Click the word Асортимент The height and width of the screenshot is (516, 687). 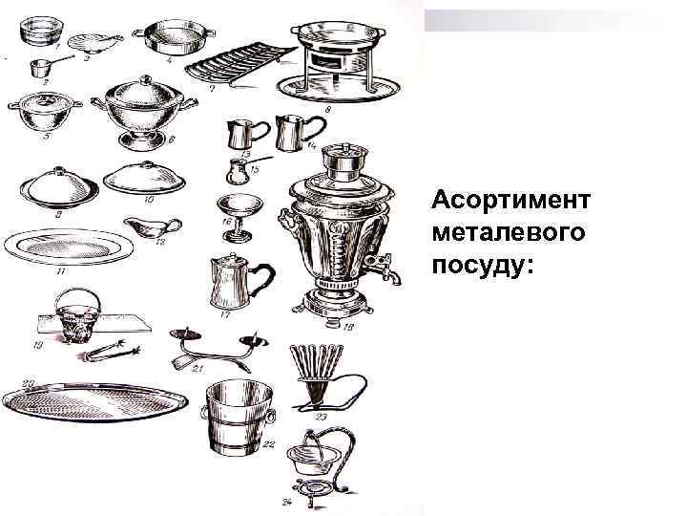click(x=511, y=202)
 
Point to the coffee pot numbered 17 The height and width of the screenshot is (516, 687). click(x=230, y=279)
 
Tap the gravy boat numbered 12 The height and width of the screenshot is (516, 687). click(x=153, y=229)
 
